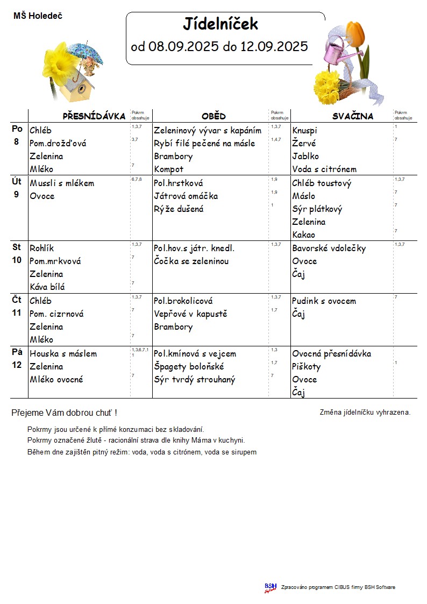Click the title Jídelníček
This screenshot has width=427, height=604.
tap(220, 24)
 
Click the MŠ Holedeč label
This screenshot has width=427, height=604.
tap(38, 16)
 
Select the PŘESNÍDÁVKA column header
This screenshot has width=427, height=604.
tap(94, 116)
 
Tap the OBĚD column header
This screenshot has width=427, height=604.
tap(213, 116)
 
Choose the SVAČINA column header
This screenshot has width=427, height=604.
tap(352, 116)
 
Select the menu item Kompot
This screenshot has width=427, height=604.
tap(169, 169)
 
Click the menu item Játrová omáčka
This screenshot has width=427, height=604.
tap(186, 196)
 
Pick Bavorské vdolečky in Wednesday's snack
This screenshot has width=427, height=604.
tap(329, 248)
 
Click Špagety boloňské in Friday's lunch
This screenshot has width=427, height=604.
tap(189, 367)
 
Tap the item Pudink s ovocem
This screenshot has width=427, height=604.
tap(324, 301)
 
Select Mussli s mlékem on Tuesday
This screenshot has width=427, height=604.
tap(62, 183)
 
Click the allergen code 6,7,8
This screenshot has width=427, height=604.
tap(137, 179)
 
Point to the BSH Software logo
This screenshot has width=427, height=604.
tap(270, 587)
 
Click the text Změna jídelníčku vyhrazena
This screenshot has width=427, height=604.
tap(365, 413)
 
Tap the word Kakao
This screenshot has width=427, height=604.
tap(304, 235)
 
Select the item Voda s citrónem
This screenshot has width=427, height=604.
tap(324, 169)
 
